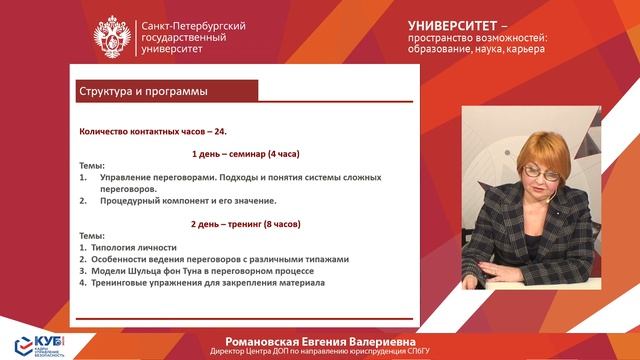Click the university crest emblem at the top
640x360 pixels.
[x=109, y=38]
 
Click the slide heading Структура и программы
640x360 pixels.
[x=143, y=93]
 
